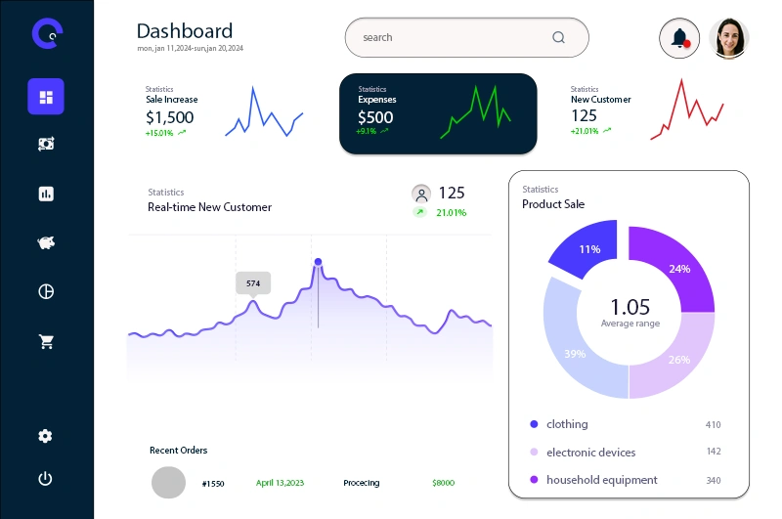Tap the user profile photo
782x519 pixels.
tap(729, 38)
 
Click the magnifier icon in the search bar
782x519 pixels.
tap(559, 38)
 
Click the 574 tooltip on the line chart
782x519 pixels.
tap(253, 283)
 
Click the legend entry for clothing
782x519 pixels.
tap(567, 424)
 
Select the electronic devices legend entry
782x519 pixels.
tap(590, 452)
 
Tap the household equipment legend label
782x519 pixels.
tap(601, 480)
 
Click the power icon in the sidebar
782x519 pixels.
tap(46, 479)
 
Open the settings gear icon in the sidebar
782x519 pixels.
tap(46, 436)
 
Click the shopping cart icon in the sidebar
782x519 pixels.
tap(46, 342)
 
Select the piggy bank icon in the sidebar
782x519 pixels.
tap(46, 242)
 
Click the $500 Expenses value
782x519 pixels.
tap(375, 117)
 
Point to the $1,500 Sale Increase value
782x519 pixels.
tap(169, 117)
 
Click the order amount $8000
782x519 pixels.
tap(443, 483)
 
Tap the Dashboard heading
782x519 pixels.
tap(185, 31)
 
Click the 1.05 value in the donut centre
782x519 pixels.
tap(630, 306)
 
